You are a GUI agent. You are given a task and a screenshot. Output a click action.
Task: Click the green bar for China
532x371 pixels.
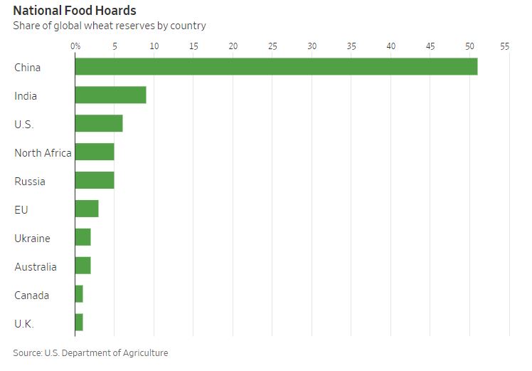(x=276, y=67)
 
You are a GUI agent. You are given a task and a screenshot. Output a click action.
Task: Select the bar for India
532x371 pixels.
(x=110, y=95)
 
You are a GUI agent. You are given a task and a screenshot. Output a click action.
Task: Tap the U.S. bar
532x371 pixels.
(x=99, y=124)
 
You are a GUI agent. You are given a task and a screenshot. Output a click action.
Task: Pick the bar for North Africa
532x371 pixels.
(x=95, y=152)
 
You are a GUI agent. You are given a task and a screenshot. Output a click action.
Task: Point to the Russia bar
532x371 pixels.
(x=95, y=181)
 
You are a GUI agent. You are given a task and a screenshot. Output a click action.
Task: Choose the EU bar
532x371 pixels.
(x=87, y=209)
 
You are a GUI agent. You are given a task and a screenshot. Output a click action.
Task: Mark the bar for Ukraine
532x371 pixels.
(x=83, y=238)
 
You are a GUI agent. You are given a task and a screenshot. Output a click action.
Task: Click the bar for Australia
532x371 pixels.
(x=83, y=266)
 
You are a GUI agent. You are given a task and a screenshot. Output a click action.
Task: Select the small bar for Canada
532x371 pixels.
(x=79, y=295)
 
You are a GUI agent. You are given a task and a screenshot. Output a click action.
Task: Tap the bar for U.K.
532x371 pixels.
(x=79, y=323)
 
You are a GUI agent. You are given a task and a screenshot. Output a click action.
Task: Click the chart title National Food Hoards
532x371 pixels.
(x=75, y=11)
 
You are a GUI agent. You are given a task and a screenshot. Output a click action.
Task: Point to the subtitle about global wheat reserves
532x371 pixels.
(x=109, y=26)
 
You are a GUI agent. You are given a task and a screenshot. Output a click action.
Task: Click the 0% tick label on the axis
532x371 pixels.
(x=75, y=46)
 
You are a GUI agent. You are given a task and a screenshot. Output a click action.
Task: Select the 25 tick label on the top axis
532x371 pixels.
(x=272, y=46)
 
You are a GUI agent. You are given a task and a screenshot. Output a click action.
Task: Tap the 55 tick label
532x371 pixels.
(x=505, y=46)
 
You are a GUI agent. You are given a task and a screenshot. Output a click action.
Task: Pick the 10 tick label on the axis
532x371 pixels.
(x=154, y=46)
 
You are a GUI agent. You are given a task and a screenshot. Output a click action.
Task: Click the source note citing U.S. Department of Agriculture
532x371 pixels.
(x=90, y=352)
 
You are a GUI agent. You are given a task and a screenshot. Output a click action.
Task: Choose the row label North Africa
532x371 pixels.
(x=43, y=152)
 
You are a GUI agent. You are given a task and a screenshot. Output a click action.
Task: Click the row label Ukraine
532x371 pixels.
(x=32, y=238)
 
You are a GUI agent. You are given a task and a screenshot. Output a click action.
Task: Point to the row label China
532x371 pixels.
(x=28, y=67)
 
